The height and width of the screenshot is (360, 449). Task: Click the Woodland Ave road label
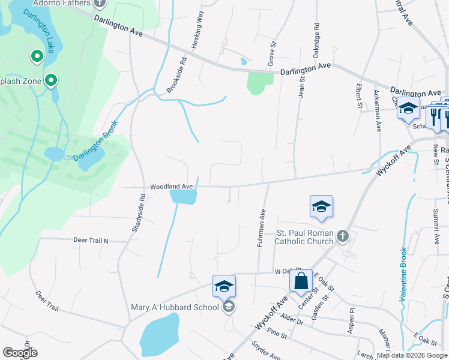(171, 187)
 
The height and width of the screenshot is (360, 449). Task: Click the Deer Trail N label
(91, 240)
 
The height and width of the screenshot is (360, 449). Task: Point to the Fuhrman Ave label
(261, 227)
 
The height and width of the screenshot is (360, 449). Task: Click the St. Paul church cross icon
(343, 236)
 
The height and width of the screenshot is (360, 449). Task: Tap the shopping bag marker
(301, 281)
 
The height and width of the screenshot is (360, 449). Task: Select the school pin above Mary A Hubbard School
(224, 287)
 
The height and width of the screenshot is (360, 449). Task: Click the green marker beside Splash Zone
(52, 80)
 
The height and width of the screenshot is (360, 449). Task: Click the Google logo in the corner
(19, 353)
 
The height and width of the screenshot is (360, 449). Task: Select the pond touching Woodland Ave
(183, 196)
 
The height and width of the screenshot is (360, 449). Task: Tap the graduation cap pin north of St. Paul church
(321, 208)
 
